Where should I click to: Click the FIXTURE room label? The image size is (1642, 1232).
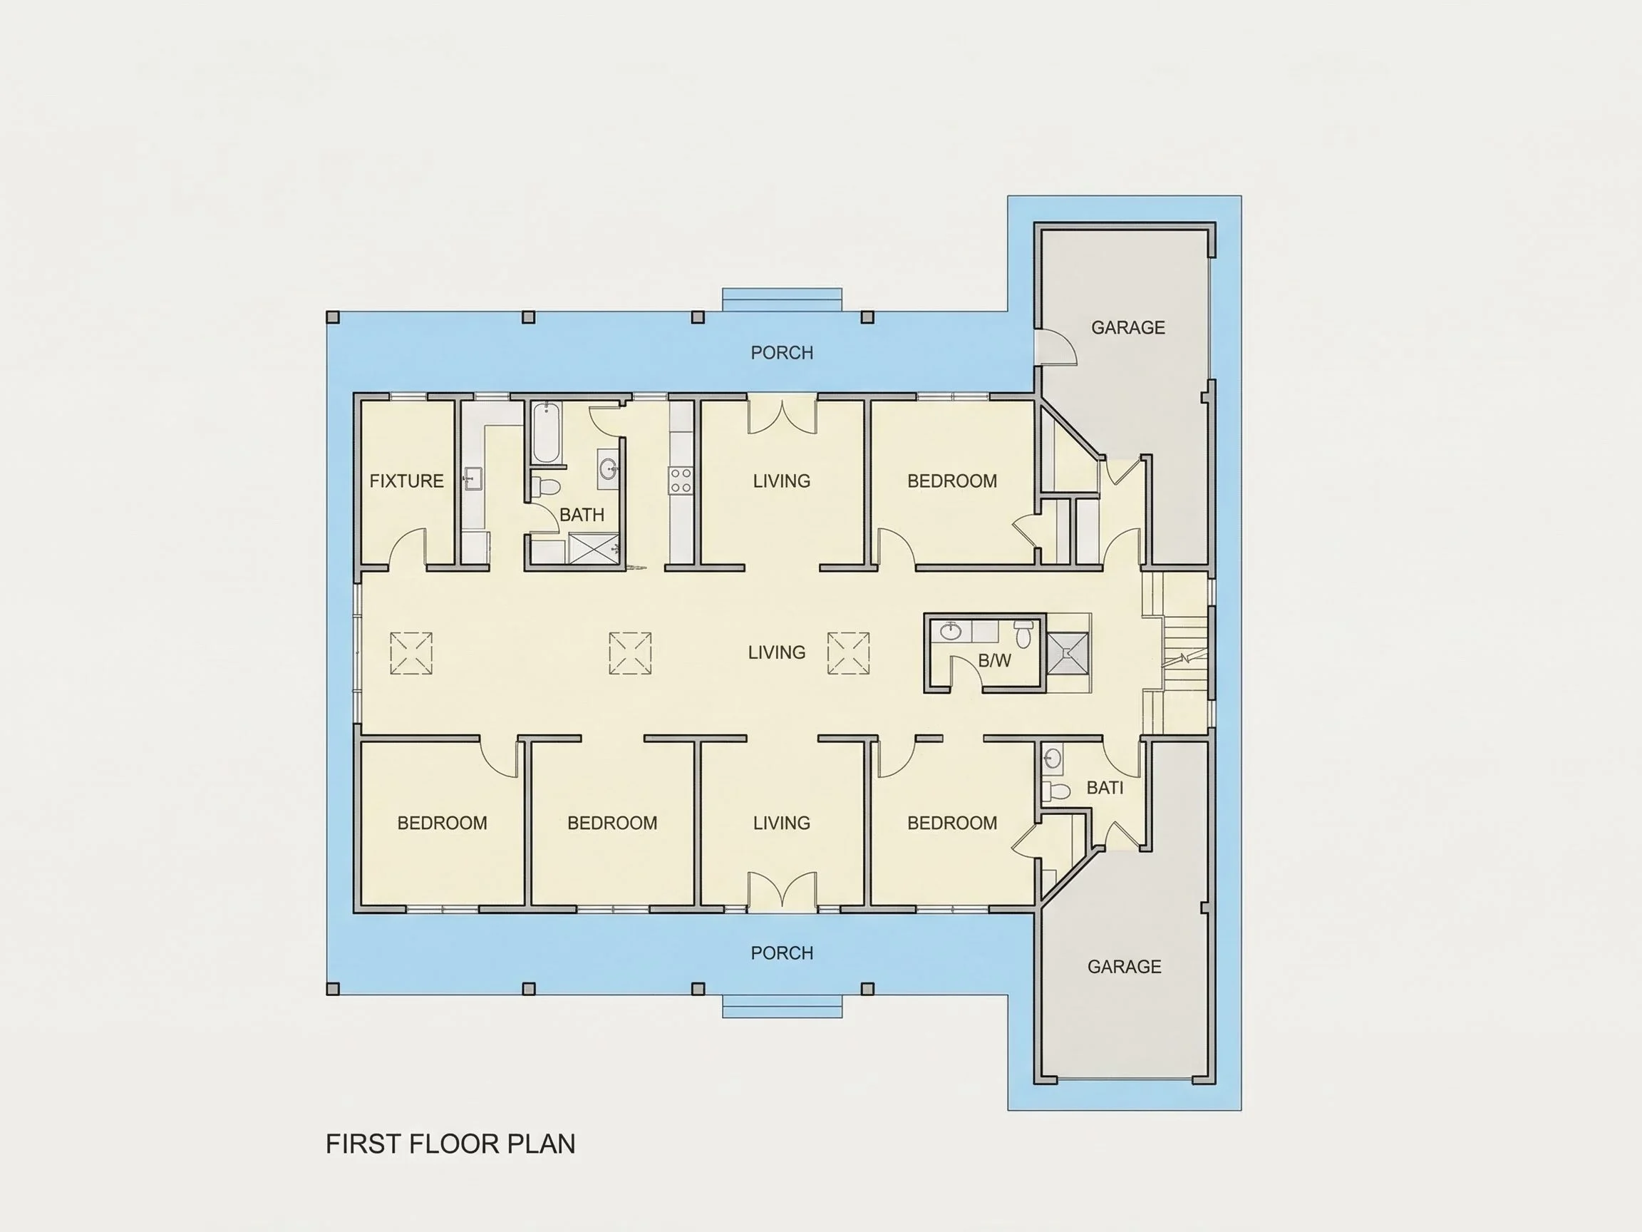coord(407,481)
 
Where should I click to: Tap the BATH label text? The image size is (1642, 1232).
coord(582,515)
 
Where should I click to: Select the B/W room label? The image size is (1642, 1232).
coord(995,660)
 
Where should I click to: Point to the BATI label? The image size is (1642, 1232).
coord(1105,788)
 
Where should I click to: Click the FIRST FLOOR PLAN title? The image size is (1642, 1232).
coord(450,1144)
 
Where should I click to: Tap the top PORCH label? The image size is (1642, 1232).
coord(782,353)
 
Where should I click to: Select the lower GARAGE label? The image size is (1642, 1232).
coord(1124,967)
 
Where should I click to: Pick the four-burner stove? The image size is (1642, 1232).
coord(681,481)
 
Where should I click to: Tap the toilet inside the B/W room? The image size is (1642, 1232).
coord(1023,635)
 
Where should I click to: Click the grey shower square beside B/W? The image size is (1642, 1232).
coord(1068,654)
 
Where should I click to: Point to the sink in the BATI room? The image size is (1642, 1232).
coord(1052,758)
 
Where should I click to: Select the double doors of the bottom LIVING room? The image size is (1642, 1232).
coord(782,891)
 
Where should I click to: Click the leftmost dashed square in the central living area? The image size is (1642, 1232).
coord(411,654)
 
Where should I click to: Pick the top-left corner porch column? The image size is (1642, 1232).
coord(334,318)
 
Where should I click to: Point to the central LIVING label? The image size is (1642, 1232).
coord(777,653)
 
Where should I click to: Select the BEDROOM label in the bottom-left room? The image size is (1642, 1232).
coord(443,823)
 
